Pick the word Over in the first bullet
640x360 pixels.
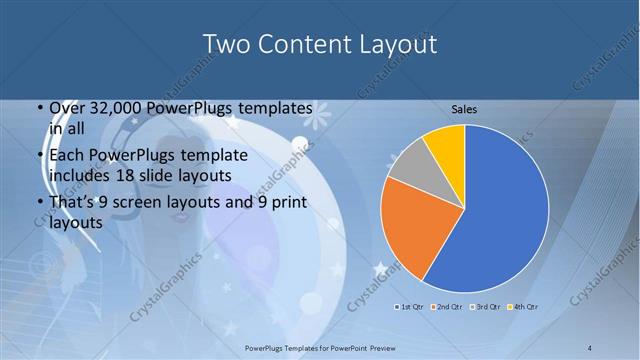(67, 109)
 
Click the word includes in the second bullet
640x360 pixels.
(81, 175)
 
